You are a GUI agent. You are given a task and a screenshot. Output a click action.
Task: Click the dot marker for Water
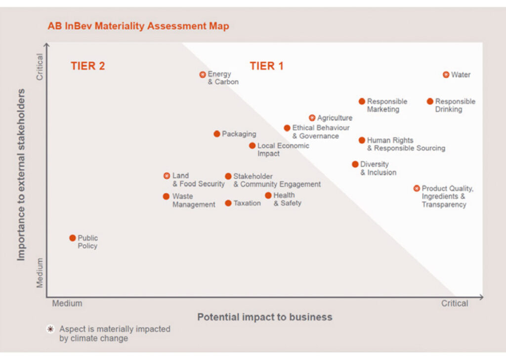(x=446, y=75)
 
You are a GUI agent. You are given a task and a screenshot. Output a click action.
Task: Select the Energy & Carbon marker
(x=203, y=75)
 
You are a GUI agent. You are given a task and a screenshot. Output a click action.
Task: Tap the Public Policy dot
(x=73, y=238)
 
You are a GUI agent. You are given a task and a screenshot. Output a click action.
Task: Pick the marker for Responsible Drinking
(x=430, y=101)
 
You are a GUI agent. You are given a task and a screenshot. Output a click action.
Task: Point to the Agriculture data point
(x=312, y=118)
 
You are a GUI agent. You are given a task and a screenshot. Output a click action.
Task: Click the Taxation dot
(x=228, y=203)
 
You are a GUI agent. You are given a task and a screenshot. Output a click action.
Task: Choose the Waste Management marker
(x=167, y=196)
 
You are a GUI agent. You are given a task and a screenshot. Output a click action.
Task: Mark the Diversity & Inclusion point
(x=355, y=164)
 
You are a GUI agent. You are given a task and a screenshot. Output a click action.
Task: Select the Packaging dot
(x=217, y=134)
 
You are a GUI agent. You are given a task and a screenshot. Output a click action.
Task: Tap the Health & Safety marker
(x=268, y=195)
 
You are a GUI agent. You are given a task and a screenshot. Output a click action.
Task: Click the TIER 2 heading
(x=87, y=66)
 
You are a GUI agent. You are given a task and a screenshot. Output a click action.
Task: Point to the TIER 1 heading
(x=266, y=66)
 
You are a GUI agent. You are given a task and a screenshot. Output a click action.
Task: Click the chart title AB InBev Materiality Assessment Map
(x=138, y=26)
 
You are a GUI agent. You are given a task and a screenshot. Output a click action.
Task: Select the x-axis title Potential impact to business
(x=265, y=317)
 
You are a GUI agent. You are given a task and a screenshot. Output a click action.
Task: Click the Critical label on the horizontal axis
(x=455, y=303)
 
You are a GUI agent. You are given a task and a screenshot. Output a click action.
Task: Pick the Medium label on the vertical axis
(x=40, y=272)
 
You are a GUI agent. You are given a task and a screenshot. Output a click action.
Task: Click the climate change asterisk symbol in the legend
(x=50, y=329)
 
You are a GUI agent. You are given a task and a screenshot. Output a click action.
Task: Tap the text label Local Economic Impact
(x=283, y=149)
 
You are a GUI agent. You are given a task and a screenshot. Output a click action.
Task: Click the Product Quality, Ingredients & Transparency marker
(x=417, y=188)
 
